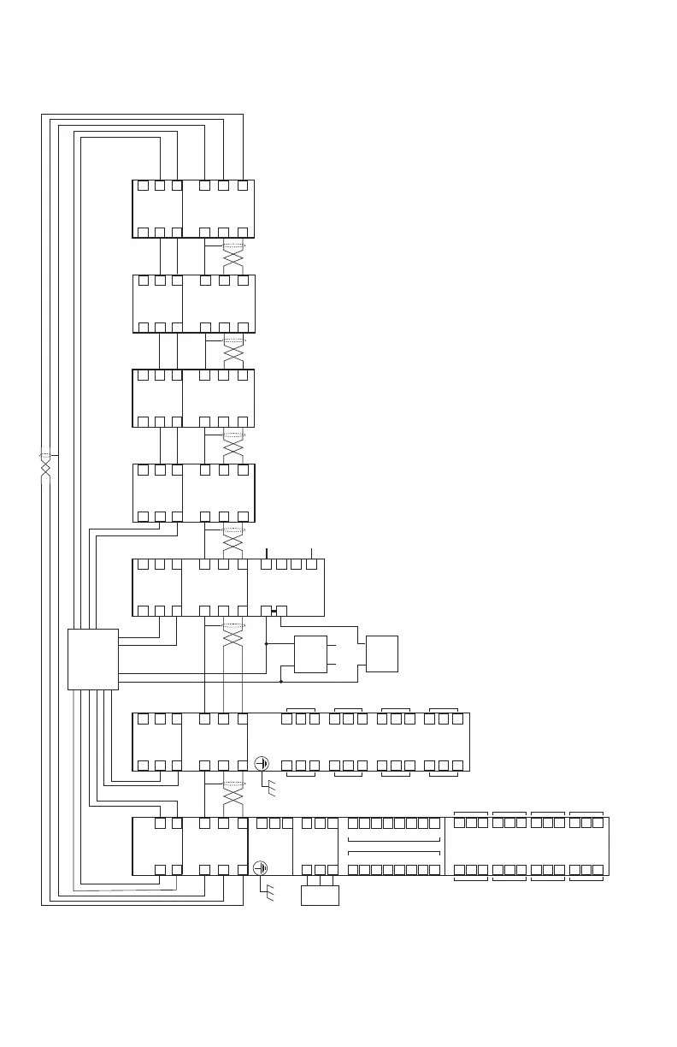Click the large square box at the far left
[x=93, y=659]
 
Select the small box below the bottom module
[x=321, y=896]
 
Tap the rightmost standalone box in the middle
[x=381, y=654]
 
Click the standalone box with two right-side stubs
[x=310, y=654]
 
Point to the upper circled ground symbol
[x=262, y=763]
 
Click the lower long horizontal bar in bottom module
[x=394, y=852]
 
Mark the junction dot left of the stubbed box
[x=267, y=643]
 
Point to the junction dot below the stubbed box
[x=281, y=682]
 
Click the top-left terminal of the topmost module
[x=144, y=185]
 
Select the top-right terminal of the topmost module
[x=243, y=185]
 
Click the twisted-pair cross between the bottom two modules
[x=233, y=796]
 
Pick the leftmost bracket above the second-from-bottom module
[x=300, y=709]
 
